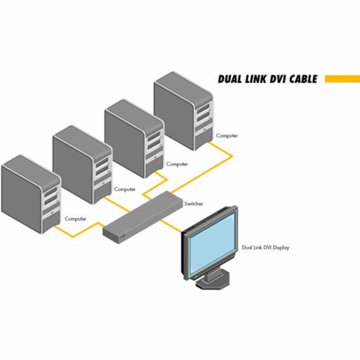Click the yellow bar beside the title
342,79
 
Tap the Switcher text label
194,204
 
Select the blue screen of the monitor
212,243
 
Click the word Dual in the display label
247,248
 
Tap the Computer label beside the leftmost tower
75,219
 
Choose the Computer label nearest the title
227,136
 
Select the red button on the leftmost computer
53,212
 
